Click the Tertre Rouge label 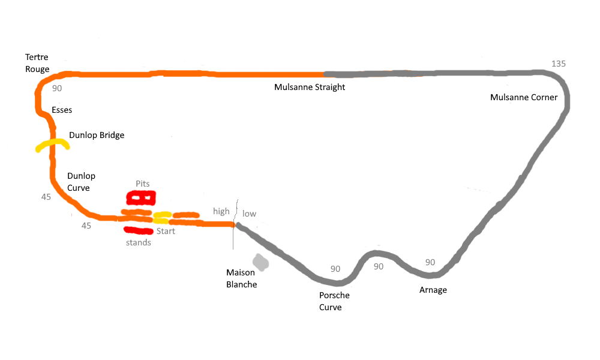click(37, 63)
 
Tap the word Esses click(62, 110)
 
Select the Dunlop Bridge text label click(97, 135)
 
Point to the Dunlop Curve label click(81, 182)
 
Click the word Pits click(142, 184)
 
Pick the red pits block click(141, 198)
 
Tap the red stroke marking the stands click(139, 230)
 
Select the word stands click(138, 242)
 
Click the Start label click(166, 231)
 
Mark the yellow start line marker click(162, 218)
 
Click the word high click(221, 212)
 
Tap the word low click(249, 214)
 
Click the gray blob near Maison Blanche click(260, 262)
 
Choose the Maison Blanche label click(241, 278)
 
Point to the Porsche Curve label click(334, 301)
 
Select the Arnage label click(433, 290)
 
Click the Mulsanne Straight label click(310, 87)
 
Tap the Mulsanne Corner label click(523, 98)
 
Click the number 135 click(558, 64)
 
